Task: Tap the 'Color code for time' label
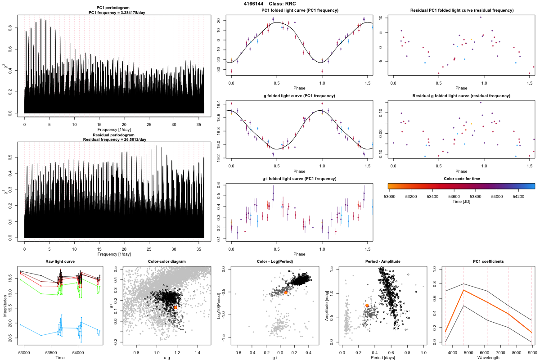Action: coord(461,179)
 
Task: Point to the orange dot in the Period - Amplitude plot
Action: coord(367,305)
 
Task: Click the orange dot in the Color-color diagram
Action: coord(175,307)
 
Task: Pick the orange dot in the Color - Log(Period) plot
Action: coord(286,292)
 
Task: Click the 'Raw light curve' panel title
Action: coord(60,262)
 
